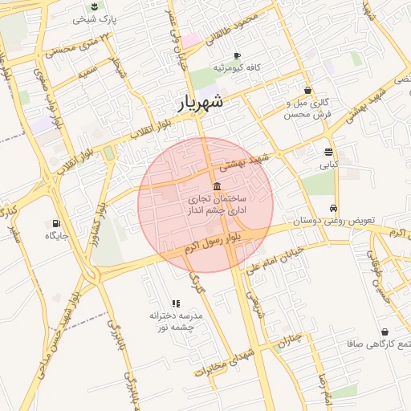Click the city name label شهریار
[200, 104]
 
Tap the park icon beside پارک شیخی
[96, 7]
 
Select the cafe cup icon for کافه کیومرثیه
[237, 55]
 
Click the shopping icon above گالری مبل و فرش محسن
[308, 90]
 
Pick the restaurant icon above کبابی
[329, 152]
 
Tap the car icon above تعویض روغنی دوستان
[323, 208]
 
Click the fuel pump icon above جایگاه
[55, 223]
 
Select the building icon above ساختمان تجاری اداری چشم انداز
[218, 185]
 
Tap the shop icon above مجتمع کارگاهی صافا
[385, 332]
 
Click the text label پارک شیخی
[96, 19]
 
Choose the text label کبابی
[330, 165]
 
